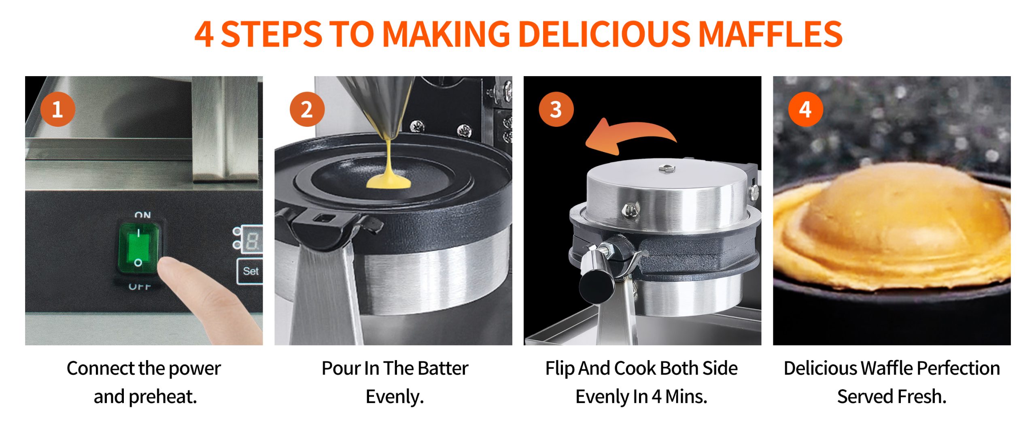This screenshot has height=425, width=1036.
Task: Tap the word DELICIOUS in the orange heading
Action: point(604,34)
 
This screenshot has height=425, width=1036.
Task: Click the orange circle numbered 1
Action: point(58,109)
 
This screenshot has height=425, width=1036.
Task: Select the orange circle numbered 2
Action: point(307,109)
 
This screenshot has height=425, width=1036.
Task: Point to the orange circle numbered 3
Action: point(556,109)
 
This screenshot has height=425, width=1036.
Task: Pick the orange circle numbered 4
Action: point(806,109)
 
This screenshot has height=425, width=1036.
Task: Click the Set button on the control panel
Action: point(250,271)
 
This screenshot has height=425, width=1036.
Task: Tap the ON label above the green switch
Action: point(142,215)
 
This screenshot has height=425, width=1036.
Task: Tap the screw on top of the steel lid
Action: point(667,168)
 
